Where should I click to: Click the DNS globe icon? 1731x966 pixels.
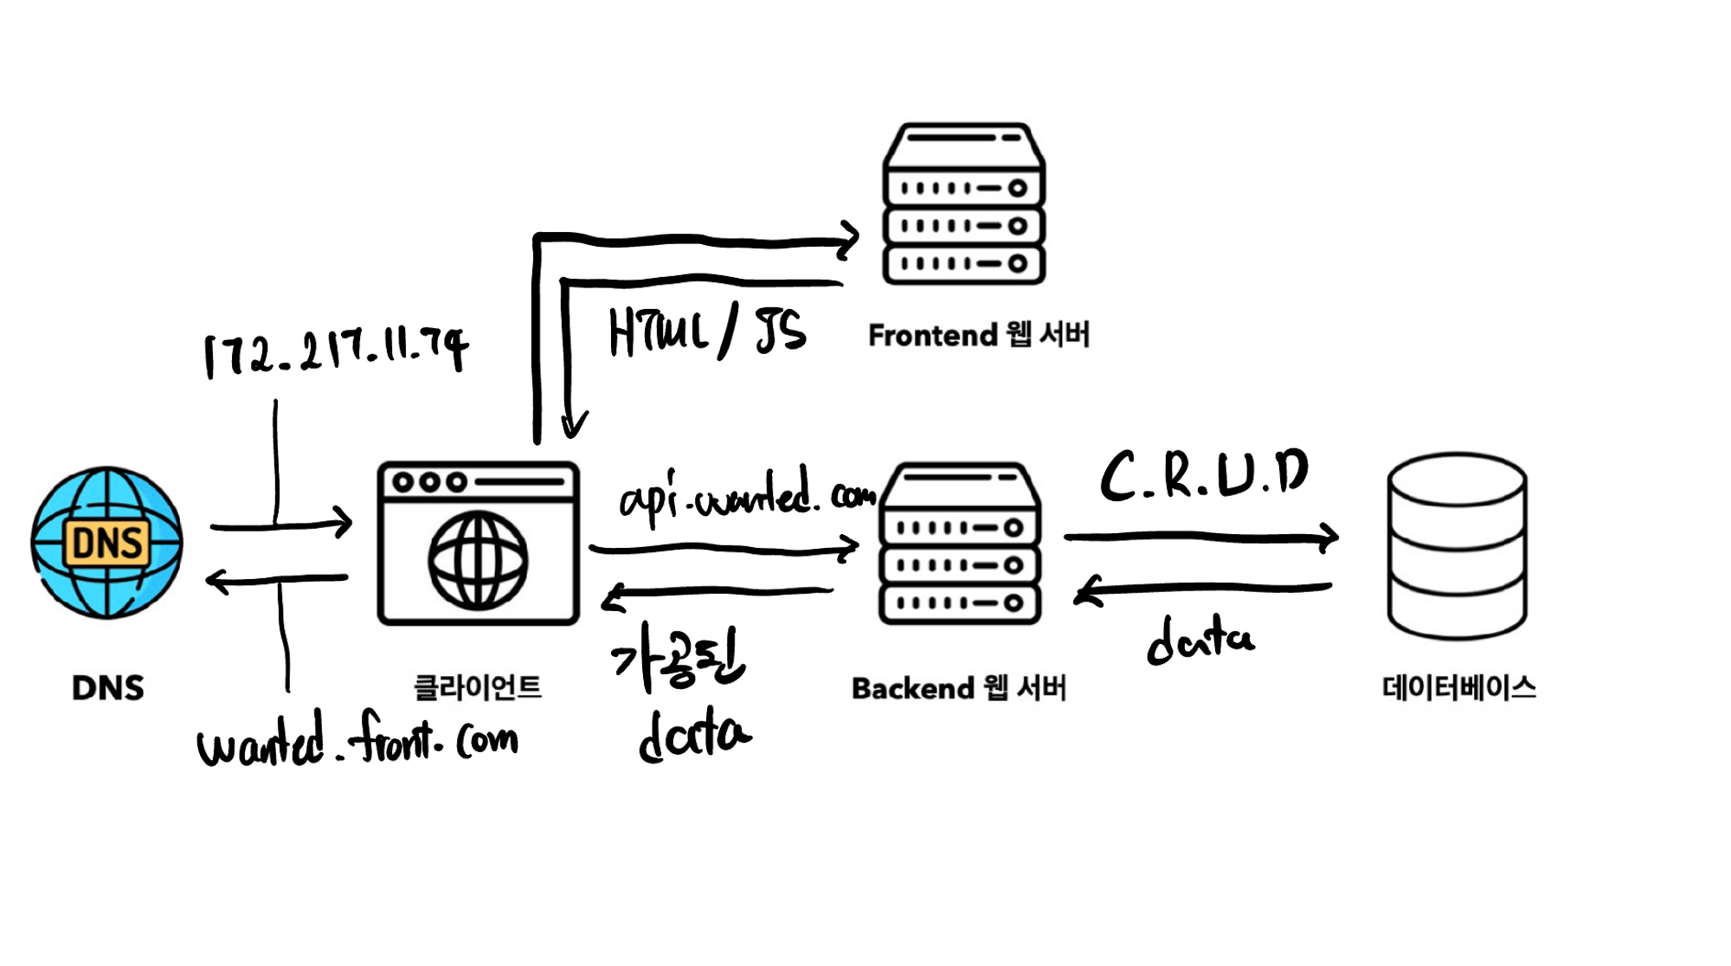tap(107, 543)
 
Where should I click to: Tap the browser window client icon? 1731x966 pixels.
tap(479, 544)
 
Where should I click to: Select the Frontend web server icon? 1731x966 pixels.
tap(963, 204)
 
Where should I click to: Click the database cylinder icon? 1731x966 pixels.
tap(1457, 545)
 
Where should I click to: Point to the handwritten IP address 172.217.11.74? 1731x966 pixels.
tap(336, 352)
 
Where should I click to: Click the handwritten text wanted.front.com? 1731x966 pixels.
tap(357, 740)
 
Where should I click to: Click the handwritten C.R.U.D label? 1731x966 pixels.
tap(1204, 475)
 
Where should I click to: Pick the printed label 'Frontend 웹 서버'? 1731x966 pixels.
tap(979, 335)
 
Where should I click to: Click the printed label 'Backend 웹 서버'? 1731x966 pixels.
tap(959, 688)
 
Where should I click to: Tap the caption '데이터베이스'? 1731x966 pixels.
tap(1458, 688)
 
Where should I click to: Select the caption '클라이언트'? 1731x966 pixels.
tap(478, 688)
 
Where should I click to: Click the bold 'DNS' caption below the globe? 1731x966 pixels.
tap(108, 688)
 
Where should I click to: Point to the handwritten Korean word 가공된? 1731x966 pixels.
tap(678, 662)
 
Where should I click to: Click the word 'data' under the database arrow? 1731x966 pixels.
tap(1200, 640)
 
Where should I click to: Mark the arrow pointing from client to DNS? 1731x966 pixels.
tap(277, 579)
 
